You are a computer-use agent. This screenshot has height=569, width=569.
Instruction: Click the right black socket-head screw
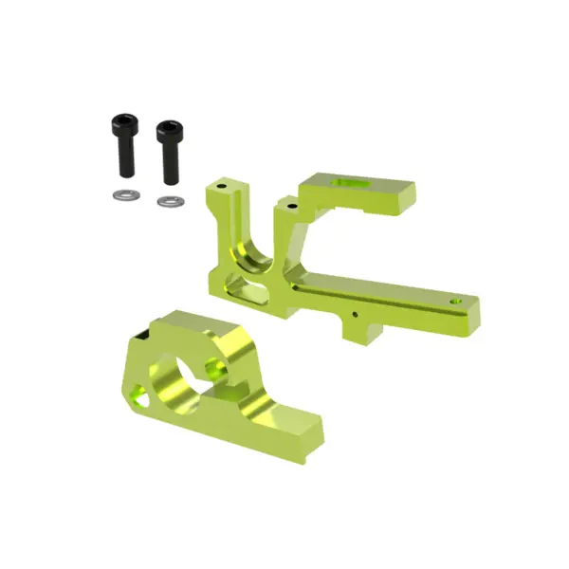(169, 151)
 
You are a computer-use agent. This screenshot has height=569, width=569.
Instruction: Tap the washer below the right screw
(170, 200)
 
